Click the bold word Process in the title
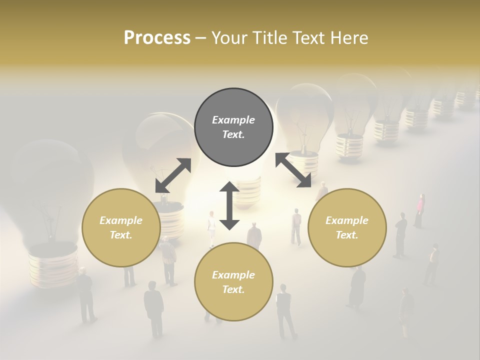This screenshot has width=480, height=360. click(157, 37)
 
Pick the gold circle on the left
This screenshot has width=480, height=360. click(121, 227)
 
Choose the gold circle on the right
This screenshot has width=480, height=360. click(347, 227)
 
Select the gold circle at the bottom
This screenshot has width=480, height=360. click(233, 281)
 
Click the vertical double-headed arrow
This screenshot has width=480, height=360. click(229, 205)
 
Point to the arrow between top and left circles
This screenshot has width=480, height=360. click(173, 175)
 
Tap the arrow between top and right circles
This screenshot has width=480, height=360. click(293, 170)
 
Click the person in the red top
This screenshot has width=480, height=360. click(419, 210)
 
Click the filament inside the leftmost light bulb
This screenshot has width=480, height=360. click(50, 220)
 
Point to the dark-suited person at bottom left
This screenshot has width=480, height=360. click(86, 295)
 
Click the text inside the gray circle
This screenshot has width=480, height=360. click(233, 127)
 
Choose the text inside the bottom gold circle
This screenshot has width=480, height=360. click(233, 282)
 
